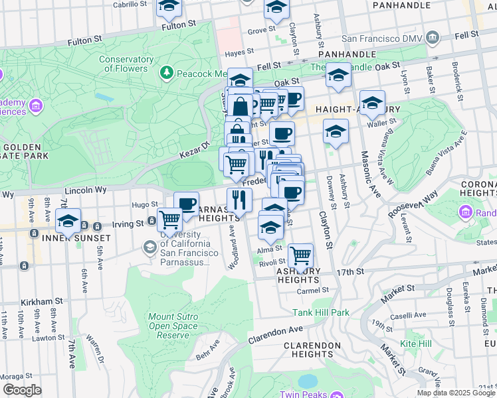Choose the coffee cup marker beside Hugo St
[x=187, y=203]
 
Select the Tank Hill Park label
[x=321, y=312]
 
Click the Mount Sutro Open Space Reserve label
[x=173, y=326]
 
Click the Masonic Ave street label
[x=369, y=176]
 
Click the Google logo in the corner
[x=22, y=390]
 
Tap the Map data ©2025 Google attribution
[x=456, y=393]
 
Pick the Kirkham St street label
[x=41, y=301]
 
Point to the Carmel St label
[x=312, y=290]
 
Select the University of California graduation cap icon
[x=150, y=247]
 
